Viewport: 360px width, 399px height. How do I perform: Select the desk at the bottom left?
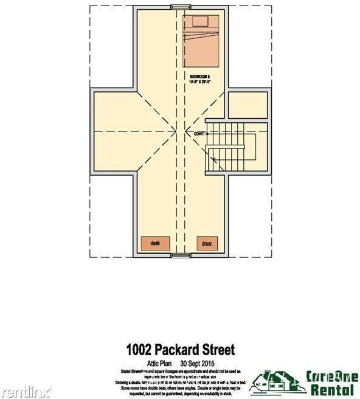tap(154, 243)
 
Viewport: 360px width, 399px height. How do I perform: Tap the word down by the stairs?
tap(199, 133)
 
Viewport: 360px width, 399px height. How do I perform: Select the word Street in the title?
tap(218, 350)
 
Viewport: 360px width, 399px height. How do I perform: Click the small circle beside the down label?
tap(208, 133)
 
